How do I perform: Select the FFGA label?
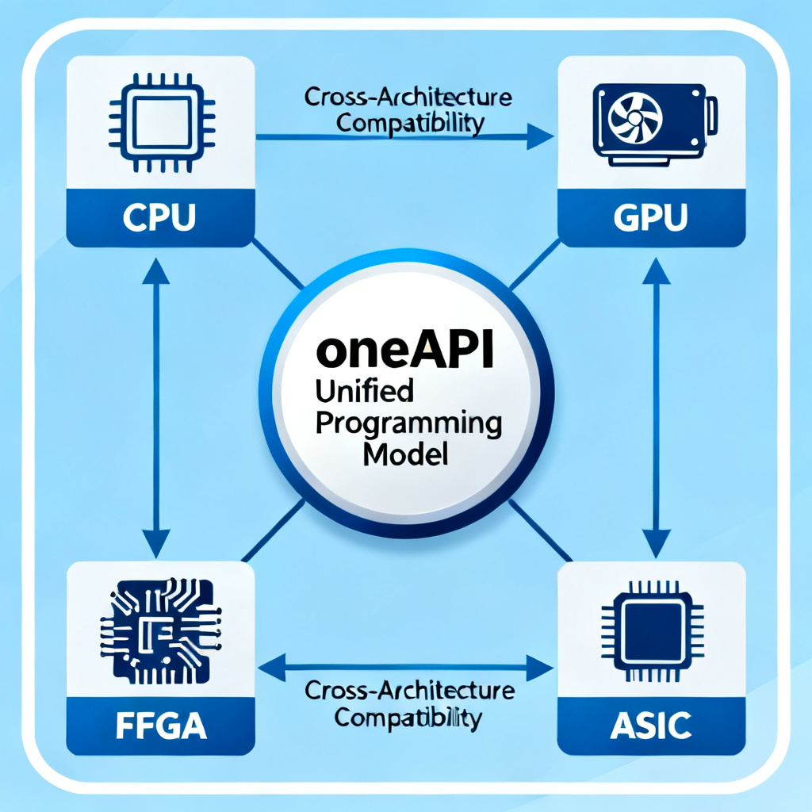161,726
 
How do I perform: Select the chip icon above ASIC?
652,626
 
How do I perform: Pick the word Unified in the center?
364,391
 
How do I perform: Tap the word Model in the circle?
405,456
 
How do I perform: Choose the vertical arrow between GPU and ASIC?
657,404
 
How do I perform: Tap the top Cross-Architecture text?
408,99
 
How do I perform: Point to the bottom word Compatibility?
408,718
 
